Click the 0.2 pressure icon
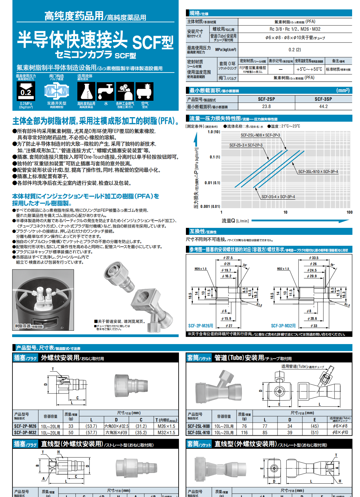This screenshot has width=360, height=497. click(x=26, y=91)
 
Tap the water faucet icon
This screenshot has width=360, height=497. click(x=106, y=91)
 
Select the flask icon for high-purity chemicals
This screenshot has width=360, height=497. click(x=86, y=91)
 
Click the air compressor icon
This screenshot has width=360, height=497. click(x=144, y=91)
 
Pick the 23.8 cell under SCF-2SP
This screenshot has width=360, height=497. click(x=266, y=106)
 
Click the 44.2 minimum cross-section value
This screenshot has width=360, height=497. click(x=323, y=106)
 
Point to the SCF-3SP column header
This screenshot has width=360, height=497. click(x=323, y=99)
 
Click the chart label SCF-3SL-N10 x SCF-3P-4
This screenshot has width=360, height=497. click(x=318, y=172)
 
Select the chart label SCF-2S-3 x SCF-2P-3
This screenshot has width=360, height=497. click(x=246, y=145)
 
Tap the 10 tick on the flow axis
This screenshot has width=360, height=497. click(x=285, y=212)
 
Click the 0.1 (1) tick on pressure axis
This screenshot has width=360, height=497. click(x=215, y=157)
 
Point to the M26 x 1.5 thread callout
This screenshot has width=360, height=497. click(x=200, y=269)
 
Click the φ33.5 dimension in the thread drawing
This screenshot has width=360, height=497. click(x=314, y=258)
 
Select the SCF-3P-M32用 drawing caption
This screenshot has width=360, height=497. click(x=283, y=326)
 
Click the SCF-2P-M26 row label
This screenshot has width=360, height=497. click(x=25, y=426)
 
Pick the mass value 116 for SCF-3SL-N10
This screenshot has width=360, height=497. click(x=244, y=433)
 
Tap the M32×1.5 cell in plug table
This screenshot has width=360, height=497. click(x=166, y=433)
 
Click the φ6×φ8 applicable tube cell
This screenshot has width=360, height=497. click(x=340, y=426)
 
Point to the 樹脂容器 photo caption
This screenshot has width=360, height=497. click(x=29, y=326)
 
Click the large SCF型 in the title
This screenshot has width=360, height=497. click(x=153, y=42)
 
